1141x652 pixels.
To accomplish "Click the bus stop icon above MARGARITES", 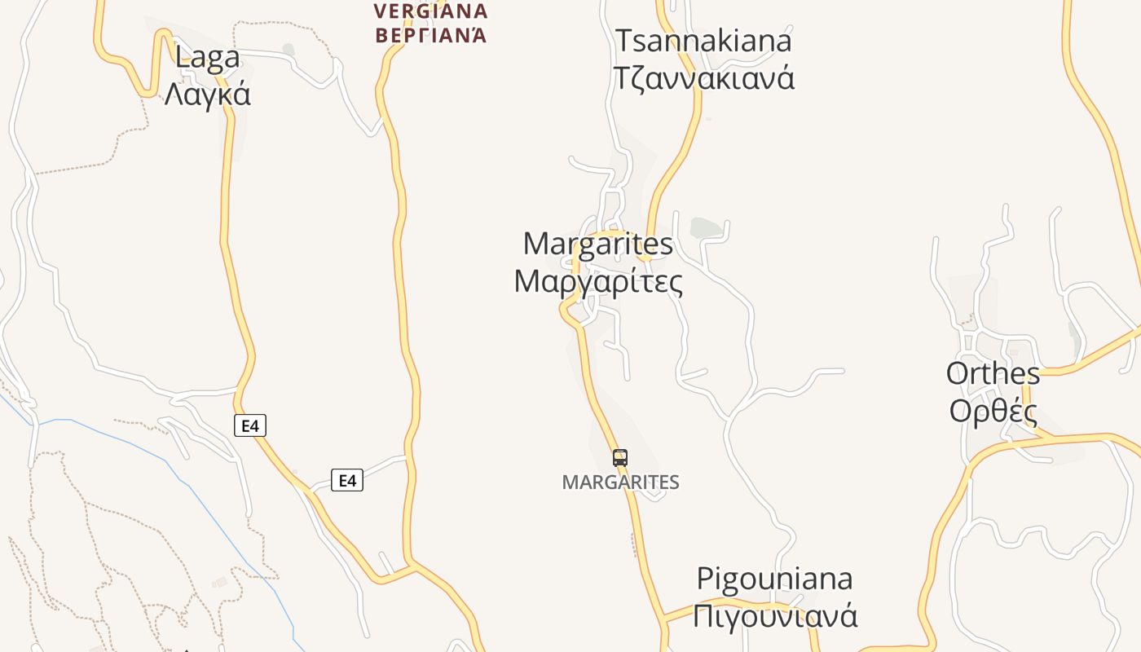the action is click(620, 457).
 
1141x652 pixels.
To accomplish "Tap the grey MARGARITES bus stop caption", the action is click(620, 482).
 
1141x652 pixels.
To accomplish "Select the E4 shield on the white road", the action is click(347, 480).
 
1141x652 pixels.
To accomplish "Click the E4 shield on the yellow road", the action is click(250, 425).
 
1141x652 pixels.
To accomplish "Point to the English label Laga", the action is click(208, 57).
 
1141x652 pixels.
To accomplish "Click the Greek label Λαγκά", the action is click(208, 95).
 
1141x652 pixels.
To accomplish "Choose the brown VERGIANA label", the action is click(430, 11).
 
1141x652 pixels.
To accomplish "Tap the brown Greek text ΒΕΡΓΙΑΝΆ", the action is click(430, 35).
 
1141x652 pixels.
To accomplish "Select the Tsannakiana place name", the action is click(703, 41).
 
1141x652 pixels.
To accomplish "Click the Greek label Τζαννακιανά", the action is click(703, 78).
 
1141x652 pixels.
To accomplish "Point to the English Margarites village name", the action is click(598, 244).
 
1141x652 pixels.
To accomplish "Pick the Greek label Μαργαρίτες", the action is click(598, 281).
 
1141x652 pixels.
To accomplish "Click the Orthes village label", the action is click(993, 373).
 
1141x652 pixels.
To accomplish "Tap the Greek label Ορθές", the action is click(993, 411).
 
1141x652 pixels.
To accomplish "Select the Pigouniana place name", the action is click(774, 579).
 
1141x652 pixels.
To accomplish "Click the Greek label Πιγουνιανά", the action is click(774, 615).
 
